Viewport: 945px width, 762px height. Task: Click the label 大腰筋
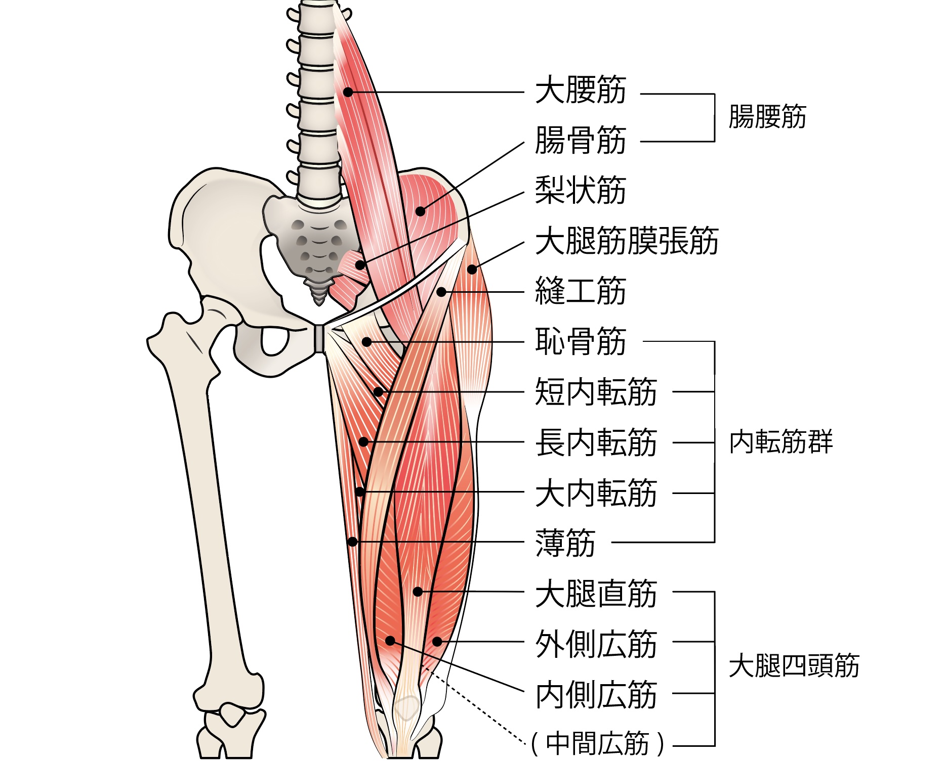(581, 91)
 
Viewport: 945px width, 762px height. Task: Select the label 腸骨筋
(581, 141)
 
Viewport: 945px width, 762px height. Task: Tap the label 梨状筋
(581, 191)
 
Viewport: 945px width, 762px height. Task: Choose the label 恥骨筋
(581, 341)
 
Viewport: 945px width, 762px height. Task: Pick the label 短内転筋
(596, 392)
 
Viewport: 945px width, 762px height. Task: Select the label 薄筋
(565, 543)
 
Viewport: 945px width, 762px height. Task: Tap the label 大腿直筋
(596, 593)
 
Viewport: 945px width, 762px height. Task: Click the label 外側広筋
(596, 644)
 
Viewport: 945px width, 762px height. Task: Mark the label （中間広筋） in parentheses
(597, 743)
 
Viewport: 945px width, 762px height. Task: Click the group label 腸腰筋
(767, 117)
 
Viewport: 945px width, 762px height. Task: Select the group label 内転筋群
(780, 442)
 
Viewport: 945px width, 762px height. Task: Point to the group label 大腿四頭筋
(794, 666)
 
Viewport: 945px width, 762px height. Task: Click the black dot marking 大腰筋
(348, 92)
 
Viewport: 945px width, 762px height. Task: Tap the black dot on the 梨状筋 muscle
(360, 264)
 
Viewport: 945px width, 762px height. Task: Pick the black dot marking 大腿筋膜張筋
(472, 270)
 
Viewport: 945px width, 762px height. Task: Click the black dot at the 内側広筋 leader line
(390, 641)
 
